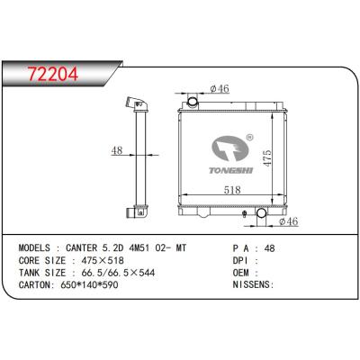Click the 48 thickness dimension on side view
pos(116,151)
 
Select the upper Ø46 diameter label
pos(219,88)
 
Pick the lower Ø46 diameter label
pos(287,221)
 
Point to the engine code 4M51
pos(152,245)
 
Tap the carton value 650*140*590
pos(94,283)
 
